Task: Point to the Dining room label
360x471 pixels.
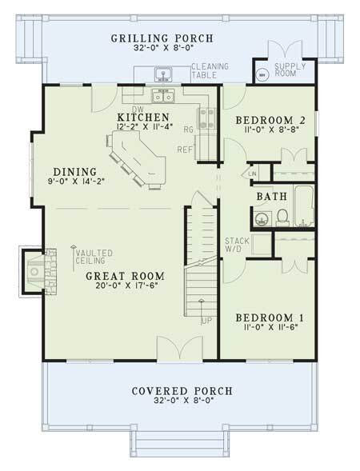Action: click(x=74, y=171)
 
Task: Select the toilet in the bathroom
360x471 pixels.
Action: click(x=282, y=215)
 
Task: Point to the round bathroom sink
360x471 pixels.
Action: click(x=258, y=217)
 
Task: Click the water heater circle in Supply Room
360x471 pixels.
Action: click(x=261, y=75)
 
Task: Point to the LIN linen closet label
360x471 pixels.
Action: click(x=251, y=173)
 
